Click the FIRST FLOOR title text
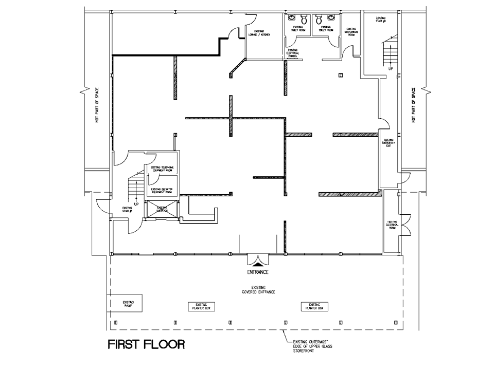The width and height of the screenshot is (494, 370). point(146,344)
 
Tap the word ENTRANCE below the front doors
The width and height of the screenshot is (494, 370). point(256,272)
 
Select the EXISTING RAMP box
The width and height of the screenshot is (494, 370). point(125,304)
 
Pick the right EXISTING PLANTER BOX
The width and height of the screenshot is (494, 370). point(314,306)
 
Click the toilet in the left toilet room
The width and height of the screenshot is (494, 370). point(304,19)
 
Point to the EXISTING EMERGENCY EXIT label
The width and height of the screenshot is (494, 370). point(388,142)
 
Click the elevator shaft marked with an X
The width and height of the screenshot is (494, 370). point(162,209)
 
